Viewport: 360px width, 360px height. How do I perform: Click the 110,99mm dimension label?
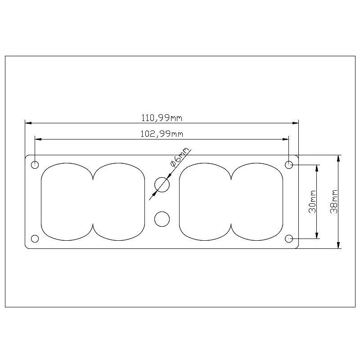pos(162,118)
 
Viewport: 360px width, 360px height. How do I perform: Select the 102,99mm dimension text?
pos(162,134)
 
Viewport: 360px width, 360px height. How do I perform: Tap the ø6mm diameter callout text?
pos(180,157)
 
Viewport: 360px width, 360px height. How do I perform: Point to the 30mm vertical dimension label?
pos(312,202)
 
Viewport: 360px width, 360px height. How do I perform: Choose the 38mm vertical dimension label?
pos(334,202)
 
